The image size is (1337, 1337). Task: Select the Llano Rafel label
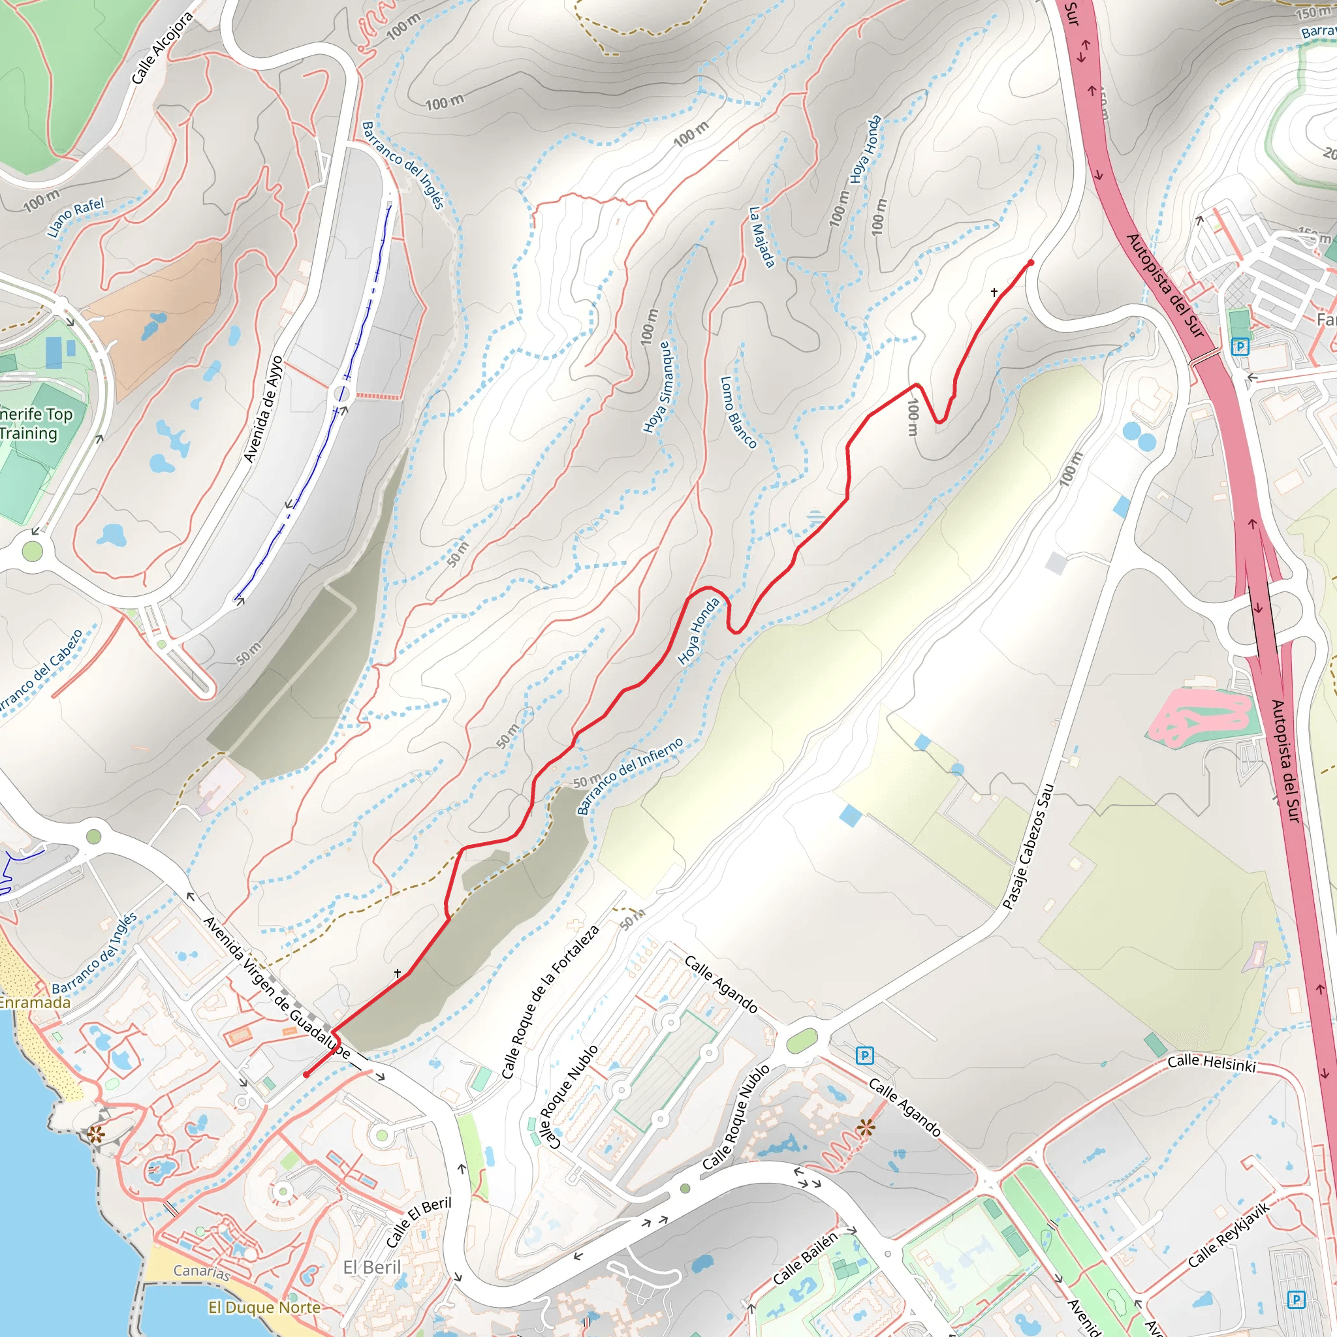76,217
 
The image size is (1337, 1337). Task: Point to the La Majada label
762,236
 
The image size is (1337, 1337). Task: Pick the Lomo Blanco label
738,412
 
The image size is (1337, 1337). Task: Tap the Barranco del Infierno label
630,775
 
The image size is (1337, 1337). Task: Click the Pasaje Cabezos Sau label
1028,845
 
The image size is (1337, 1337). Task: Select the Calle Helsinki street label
1211,1062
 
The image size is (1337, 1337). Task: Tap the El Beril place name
372,1267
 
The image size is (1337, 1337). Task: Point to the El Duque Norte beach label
264,1307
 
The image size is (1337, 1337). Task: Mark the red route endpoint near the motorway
1031,263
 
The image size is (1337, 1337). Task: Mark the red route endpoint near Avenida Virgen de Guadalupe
306,1075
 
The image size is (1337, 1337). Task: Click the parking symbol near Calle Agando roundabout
864,1056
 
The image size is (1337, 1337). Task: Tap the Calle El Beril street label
418,1222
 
